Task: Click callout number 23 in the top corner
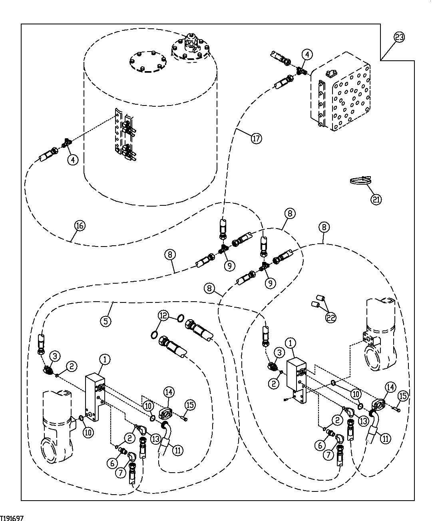coord(399,37)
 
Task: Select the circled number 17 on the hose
coord(256,139)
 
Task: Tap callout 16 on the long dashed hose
coord(80,226)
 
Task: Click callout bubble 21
coord(376,199)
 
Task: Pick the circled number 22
coord(330,317)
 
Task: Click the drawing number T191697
coord(12,518)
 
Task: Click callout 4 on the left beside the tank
coord(72,160)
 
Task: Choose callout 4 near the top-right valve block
coord(307,54)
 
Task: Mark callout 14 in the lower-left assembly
coord(169,392)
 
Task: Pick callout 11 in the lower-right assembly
coord(385,438)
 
